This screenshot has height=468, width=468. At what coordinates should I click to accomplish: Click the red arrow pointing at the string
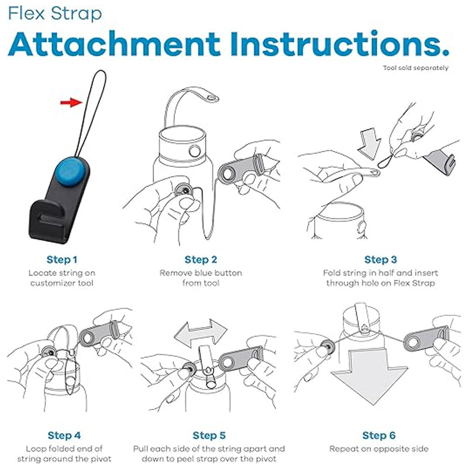coord(71,103)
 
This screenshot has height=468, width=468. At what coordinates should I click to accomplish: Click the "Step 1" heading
coord(62,259)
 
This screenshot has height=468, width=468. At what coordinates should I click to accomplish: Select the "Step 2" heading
coord(201,259)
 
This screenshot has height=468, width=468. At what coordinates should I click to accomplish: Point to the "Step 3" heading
coord(381,259)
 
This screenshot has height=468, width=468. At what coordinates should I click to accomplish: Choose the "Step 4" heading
coord(64,435)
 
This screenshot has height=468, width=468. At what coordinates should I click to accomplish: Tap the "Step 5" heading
coord(209,435)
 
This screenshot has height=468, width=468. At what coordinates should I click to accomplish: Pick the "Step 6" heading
coord(378,435)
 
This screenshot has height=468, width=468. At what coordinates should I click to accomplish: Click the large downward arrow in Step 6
coord(370,376)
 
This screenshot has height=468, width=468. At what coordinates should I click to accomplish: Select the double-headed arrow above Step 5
coord(201,332)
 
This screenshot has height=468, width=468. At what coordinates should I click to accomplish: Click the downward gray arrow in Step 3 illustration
coord(370,143)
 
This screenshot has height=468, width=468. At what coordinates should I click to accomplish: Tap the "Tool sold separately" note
coord(415,68)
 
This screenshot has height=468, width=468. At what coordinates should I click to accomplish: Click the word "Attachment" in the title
coord(115,44)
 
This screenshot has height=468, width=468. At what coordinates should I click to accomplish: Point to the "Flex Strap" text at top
coord(55,13)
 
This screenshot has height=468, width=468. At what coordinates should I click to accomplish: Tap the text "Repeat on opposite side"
coord(378,449)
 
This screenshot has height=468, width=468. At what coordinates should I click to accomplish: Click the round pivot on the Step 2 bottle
coord(195,151)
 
